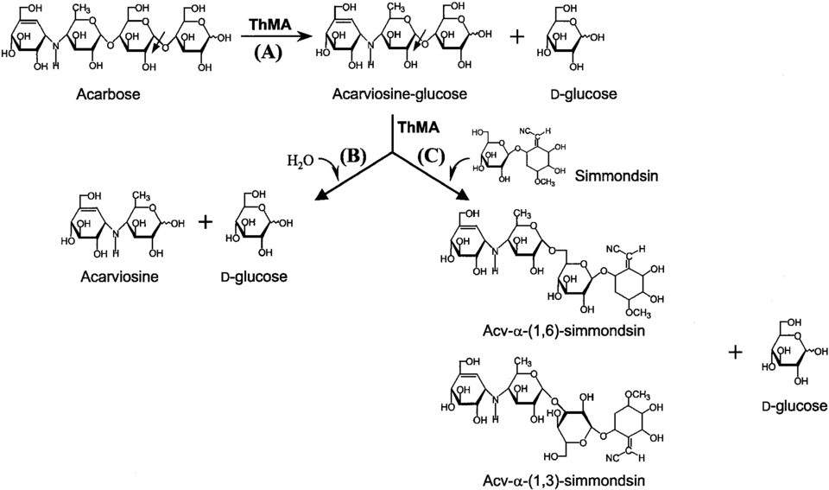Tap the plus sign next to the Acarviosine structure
coord(206,222)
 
